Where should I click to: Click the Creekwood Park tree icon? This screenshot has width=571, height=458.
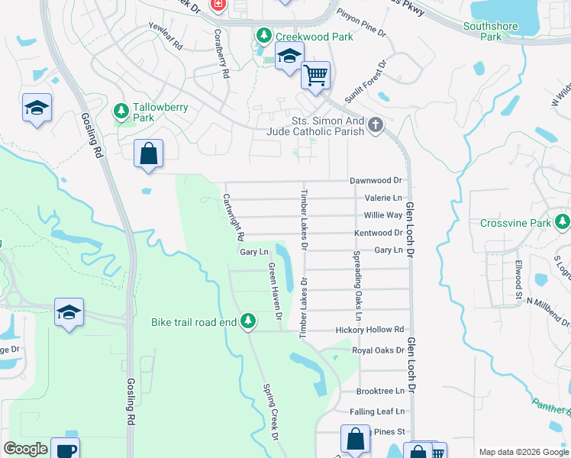pyautogui.click(x=264, y=36)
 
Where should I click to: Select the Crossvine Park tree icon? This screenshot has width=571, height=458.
pyautogui.click(x=563, y=223)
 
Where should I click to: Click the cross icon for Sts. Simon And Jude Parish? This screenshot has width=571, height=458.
pyautogui.click(x=375, y=125)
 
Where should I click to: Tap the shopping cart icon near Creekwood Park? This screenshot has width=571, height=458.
pyautogui.click(x=315, y=76)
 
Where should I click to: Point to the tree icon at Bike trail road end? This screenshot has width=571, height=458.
pyautogui.click(x=247, y=322)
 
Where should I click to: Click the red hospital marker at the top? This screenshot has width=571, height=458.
pyautogui.click(x=218, y=5)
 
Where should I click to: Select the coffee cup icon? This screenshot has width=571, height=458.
pyautogui.click(x=65, y=449)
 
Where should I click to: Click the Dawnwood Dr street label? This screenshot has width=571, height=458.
pyautogui.click(x=376, y=181)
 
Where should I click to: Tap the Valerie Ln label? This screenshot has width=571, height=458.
pyautogui.click(x=383, y=198)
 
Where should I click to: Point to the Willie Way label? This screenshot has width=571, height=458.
pyautogui.click(x=383, y=215)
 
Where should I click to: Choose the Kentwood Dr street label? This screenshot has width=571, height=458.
pyautogui.click(x=378, y=233)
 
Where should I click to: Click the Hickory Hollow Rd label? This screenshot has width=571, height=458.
pyautogui.click(x=369, y=330)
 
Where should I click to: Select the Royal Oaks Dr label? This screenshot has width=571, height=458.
pyautogui.click(x=377, y=351)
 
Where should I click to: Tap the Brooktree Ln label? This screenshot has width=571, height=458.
pyautogui.click(x=379, y=390)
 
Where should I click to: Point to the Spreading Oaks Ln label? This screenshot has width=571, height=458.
pyautogui.click(x=356, y=285)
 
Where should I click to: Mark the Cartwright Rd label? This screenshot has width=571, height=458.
pyautogui.click(x=232, y=214)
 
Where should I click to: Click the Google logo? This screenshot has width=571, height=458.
pyautogui.click(x=25, y=449)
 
